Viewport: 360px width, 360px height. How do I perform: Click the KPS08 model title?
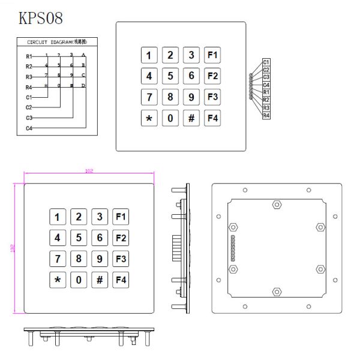coord(41,18)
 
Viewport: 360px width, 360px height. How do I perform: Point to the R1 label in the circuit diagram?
coord(29,56)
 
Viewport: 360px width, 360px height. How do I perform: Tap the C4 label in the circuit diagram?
coord(29,128)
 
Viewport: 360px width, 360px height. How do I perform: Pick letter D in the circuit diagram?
coord(83,86)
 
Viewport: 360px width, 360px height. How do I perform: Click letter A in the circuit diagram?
coord(83,55)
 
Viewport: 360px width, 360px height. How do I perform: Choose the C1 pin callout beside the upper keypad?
coord(266,62)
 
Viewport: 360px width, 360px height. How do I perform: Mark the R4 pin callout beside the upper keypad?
coord(266,115)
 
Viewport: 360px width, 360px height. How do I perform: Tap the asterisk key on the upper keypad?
coord(149,118)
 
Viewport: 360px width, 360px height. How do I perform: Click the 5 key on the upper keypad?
coord(170,76)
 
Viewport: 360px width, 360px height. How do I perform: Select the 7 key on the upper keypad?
coord(149,97)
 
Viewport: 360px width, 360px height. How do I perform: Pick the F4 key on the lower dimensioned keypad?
coord(121,280)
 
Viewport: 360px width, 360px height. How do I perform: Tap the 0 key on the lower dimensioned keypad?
coord(79,280)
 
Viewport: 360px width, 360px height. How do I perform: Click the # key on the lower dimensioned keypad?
coord(100,280)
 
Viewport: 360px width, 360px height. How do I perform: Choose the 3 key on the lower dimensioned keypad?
coord(100,217)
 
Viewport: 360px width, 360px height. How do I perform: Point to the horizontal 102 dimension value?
coord(89,172)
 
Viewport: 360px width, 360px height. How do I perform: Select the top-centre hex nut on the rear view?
coord(277,204)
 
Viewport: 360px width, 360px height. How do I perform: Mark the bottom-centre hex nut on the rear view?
coord(277,292)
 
